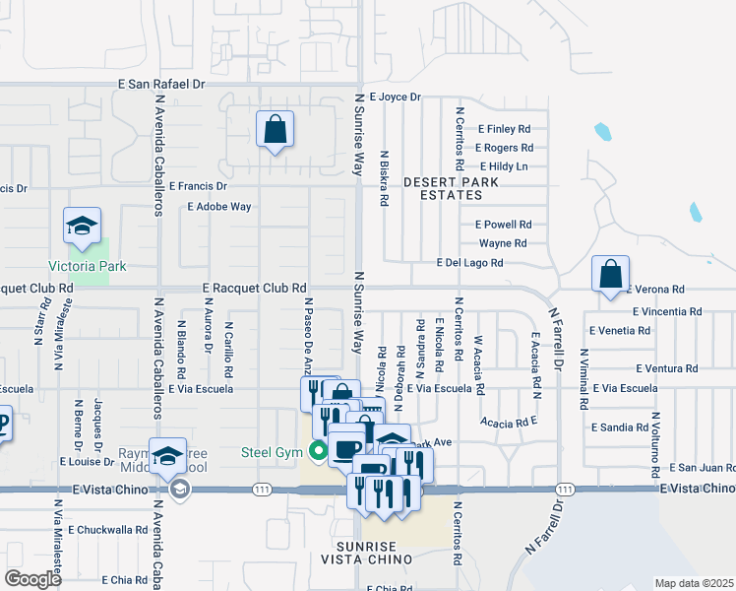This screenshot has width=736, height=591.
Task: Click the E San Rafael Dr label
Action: (161, 85)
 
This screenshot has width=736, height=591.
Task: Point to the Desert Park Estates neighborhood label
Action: (451, 188)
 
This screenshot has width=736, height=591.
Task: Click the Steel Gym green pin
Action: (317, 452)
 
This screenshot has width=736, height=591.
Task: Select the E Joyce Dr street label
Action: (387, 98)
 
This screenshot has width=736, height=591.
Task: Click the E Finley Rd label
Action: (504, 129)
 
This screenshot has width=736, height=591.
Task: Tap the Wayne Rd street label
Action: (503, 243)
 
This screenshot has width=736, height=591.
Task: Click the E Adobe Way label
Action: (219, 207)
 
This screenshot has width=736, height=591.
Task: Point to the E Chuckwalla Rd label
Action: (110, 529)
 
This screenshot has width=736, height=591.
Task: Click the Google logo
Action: (33, 578)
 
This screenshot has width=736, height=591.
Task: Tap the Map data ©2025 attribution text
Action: (694, 583)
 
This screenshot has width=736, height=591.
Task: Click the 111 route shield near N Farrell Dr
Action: (564, 490)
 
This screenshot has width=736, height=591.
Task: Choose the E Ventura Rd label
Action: (666, 368)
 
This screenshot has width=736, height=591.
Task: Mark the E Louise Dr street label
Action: (88, 460)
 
